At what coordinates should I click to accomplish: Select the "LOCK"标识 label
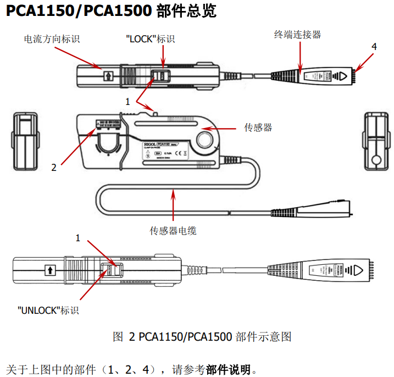(x=150, y=39)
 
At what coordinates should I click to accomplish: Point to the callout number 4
(x=374, y=47)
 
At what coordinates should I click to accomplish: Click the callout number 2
(x=54, y=168)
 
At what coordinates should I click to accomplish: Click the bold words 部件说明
(x=227, y=369)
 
